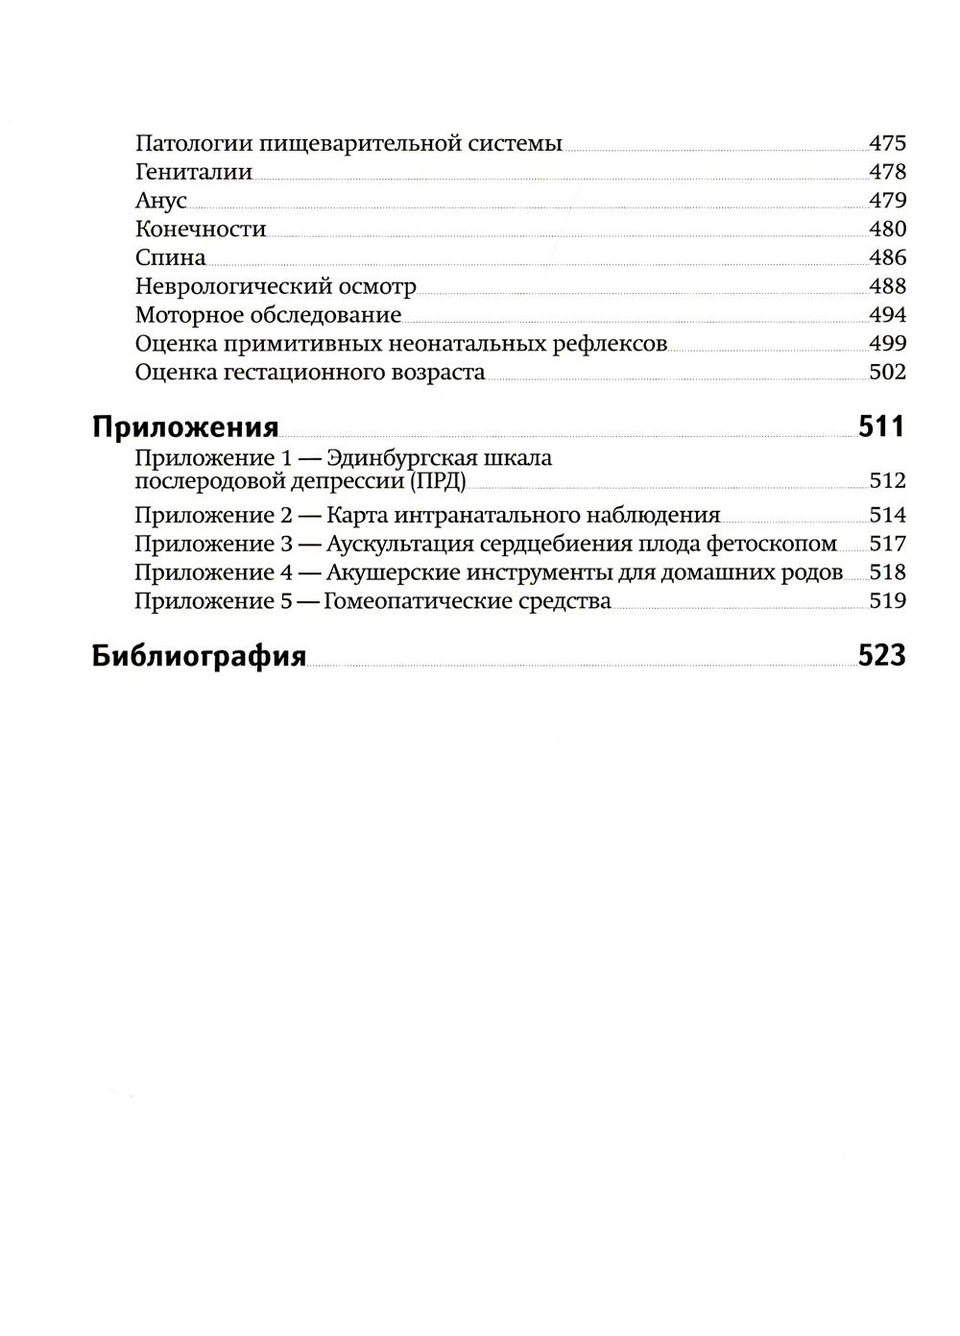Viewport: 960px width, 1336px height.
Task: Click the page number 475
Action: point(887,144)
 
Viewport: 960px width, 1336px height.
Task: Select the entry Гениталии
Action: point(194,173)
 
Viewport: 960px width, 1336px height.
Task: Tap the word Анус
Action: point(160,202)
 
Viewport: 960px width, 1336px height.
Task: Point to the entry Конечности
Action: point(201,230)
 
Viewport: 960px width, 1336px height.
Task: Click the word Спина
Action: point(171,258)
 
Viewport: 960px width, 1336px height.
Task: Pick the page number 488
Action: point(887,286)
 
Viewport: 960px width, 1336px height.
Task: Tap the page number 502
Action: point(887,372)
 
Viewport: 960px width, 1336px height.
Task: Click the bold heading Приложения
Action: point(185,427)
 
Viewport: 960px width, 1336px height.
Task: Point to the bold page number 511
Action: point(882,426)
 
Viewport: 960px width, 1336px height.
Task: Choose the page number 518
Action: point(887,572)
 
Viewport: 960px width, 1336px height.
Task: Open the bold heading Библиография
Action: point(199,657)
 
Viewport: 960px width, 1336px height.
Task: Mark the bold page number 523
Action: point(882,656)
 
